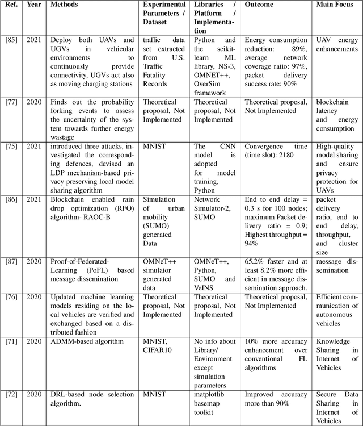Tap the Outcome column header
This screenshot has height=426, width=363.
[x=259, y=5]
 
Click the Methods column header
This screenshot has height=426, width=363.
[x=65, y=5]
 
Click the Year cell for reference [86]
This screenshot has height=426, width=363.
[x=33, y=199]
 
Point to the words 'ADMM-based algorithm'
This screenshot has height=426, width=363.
[x=87, y=341]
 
